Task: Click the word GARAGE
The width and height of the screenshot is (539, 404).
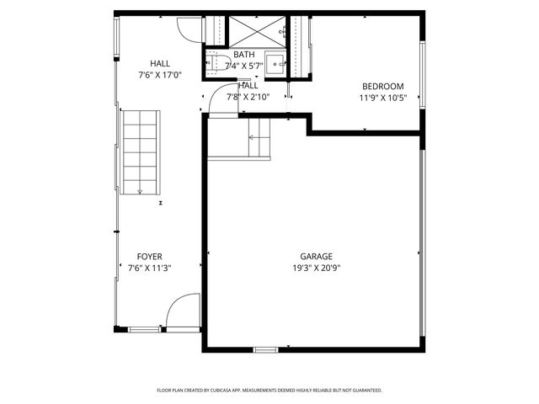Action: (x=316, y=257)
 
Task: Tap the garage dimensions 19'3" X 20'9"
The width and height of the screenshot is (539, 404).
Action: (x=316, y=268)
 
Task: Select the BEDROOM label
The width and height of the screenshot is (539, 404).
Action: (x=382, y=86)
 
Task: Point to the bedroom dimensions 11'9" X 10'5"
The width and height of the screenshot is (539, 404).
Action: (x=382, y=98)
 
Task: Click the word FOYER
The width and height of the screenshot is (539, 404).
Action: (x=150, y=257)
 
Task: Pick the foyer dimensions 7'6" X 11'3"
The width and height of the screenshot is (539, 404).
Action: (x=150, y=268)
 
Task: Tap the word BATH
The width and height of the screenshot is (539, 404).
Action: (x=244, y=55)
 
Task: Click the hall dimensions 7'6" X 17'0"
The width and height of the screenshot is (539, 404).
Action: (x=159, y=75)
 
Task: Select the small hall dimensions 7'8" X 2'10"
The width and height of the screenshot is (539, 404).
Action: (x=248, y=97)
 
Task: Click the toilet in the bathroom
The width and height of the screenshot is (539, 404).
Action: (x=215, y=62)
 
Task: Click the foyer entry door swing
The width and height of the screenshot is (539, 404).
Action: (x=180, y=313)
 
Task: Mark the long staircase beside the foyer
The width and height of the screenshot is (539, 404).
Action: (x=140, y=151)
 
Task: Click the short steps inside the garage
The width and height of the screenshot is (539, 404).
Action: (x=259, y=136)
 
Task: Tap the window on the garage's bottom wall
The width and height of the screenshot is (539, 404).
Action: (x=265, y=348)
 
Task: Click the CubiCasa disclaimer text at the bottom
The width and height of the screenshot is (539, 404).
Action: (x=269, y=391)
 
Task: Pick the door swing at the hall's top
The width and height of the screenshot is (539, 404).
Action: (x=193, y=27)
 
